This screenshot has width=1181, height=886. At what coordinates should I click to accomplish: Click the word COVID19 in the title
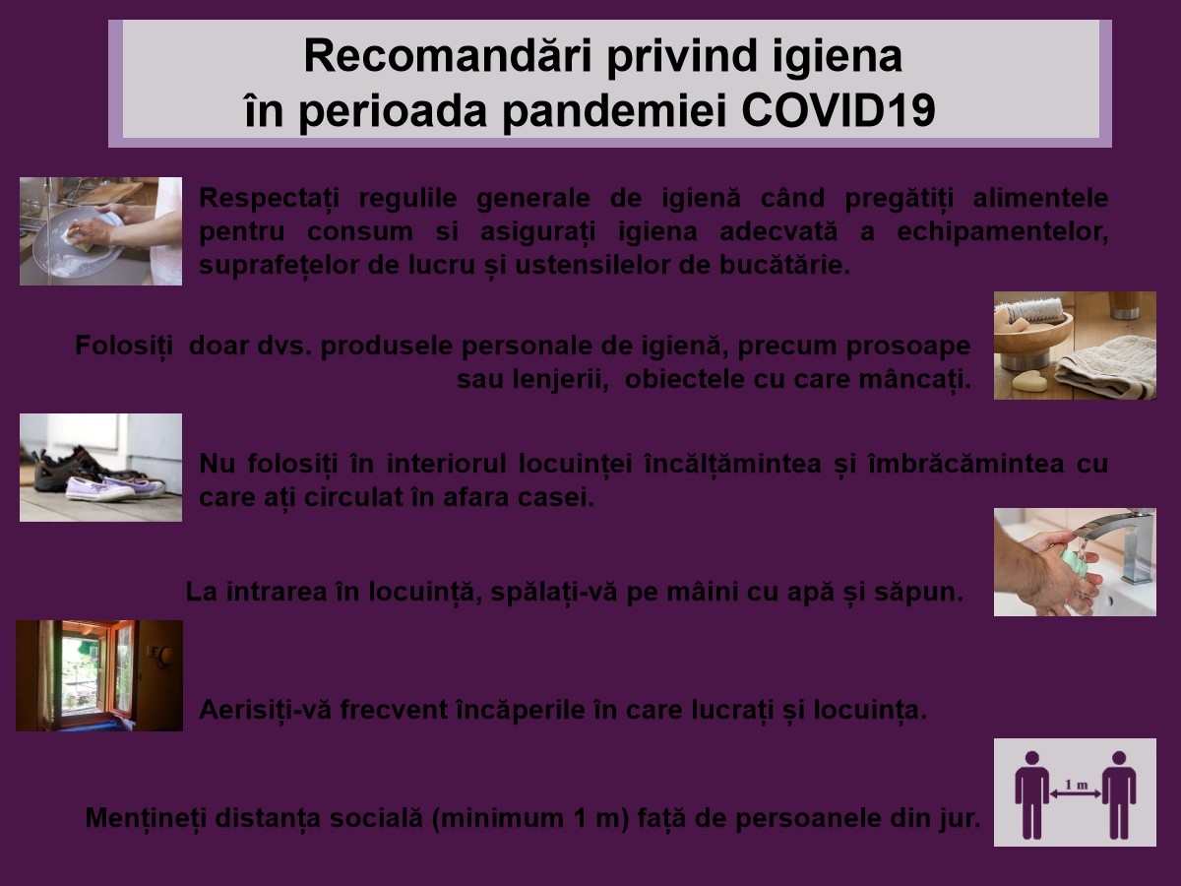(x=839, y=109)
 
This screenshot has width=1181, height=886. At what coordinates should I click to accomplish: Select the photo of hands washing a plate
(x=100, y=231)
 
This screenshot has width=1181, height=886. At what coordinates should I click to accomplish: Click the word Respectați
(x=269, y=199)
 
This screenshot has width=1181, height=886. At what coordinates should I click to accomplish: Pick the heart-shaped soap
(x=1029, y=381)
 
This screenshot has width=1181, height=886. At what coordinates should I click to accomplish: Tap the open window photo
(x=99, y=675)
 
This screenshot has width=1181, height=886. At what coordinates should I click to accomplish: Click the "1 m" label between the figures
(x=1076, y=786)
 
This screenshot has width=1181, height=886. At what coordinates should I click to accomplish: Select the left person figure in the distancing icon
(x=1032, y=795)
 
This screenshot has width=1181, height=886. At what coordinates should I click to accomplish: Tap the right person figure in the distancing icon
(x=1119, y=795)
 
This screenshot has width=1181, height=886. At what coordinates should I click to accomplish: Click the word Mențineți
(x=146, y=818)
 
